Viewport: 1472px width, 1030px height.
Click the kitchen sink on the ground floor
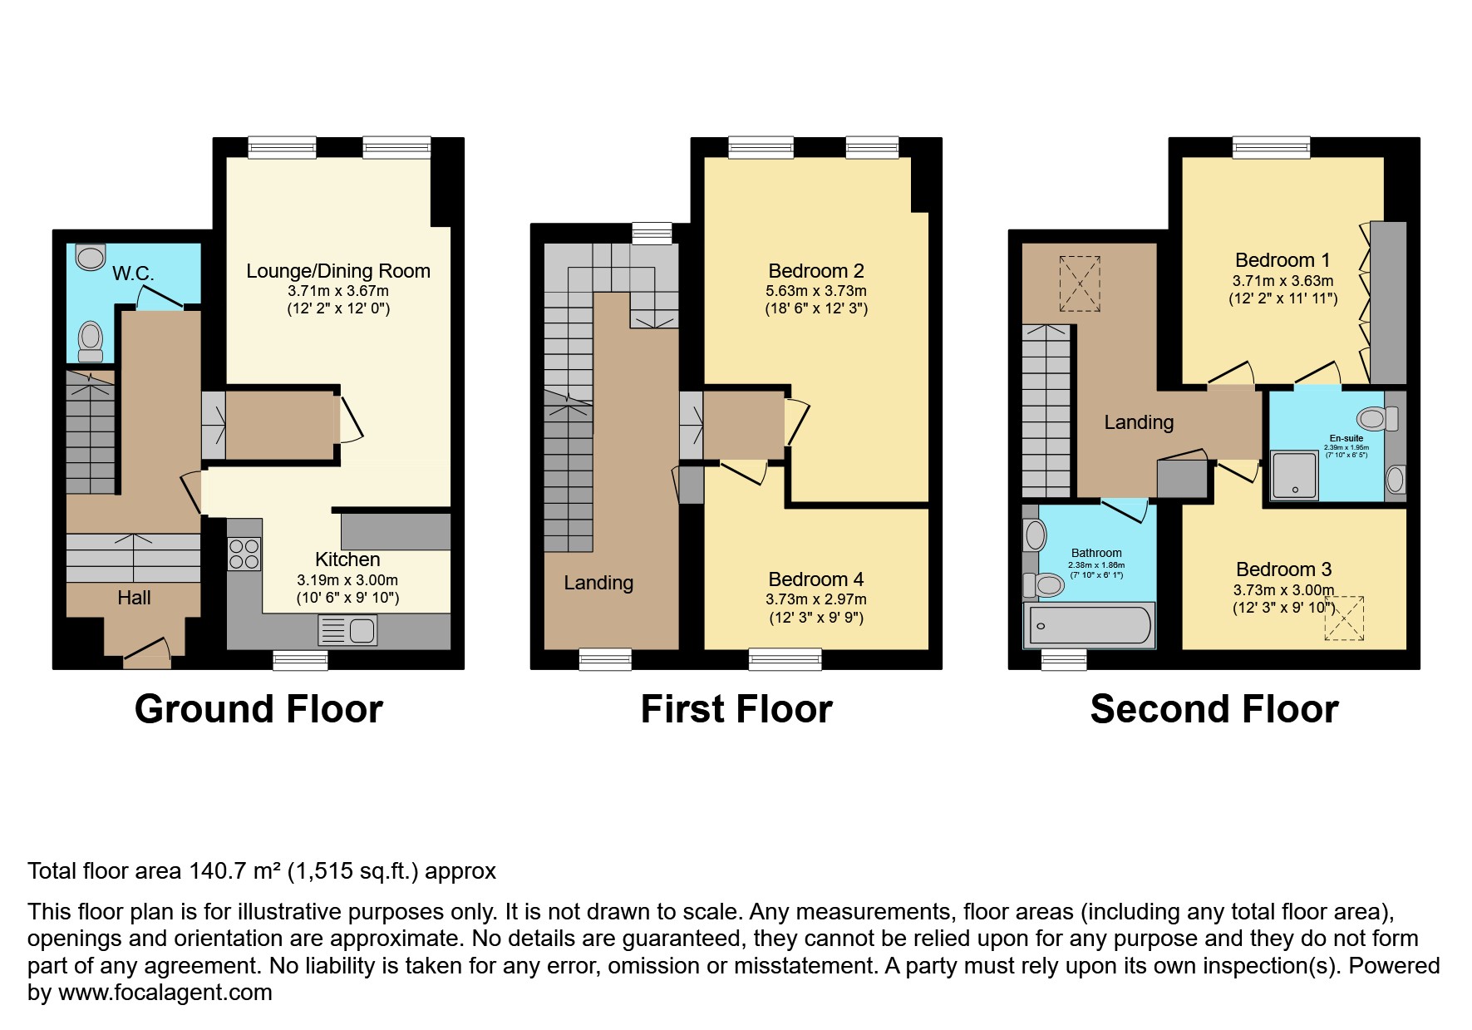tap(347, 631)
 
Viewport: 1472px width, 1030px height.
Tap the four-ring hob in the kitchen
tap(244, 554)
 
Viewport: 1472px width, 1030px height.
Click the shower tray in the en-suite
tap(1294, 476)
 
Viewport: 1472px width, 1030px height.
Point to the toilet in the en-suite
tap(1376, 418)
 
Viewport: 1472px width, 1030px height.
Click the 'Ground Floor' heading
tap(258, 709)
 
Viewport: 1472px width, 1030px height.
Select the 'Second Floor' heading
tap(1214, 709)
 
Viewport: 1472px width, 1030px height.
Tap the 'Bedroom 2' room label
tap(815, 271)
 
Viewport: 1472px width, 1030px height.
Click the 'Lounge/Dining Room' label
tap(338, 271)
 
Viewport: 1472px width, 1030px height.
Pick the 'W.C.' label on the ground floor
tap(133, 274)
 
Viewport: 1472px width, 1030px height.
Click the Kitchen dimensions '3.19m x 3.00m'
tap(347, 580)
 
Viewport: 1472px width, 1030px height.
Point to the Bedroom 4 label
tap(815, 579)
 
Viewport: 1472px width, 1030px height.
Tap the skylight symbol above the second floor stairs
tap(1079, 283)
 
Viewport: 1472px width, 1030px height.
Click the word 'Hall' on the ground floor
tap(134, 598)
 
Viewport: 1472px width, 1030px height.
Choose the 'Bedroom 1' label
tap(1282, 260)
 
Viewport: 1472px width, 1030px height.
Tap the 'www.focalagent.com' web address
tap(165, 993)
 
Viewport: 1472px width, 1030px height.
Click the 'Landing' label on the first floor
tap(598, 584)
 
